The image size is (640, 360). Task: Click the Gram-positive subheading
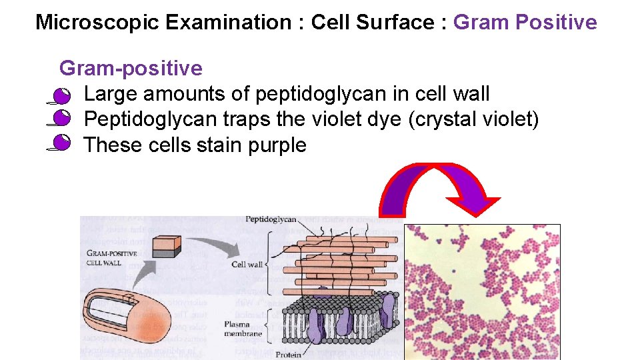pyautogui.click(x=131, y=68)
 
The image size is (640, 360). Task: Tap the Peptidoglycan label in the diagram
pyautogui.click(x=271, y=219)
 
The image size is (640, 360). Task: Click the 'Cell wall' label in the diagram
pyautogui.click(x=247, y=265)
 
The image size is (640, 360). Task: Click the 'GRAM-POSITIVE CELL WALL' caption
pyautogui.click(x=112, y=258)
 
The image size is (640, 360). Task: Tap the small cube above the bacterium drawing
pyautogui.click(x=167, y=247)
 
